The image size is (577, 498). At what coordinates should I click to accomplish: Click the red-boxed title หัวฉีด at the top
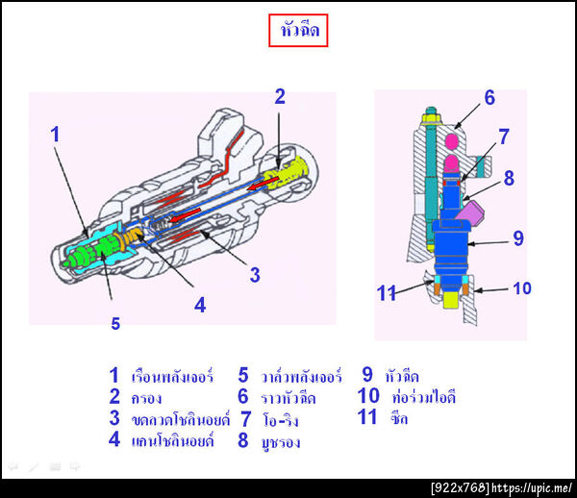(298, 32)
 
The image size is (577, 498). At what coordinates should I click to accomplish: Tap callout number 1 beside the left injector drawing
(55, 135)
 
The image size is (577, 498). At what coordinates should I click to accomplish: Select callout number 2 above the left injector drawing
(280, 96)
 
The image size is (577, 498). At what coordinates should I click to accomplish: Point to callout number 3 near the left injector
(255, 275)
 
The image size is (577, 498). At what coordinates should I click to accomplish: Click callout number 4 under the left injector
(199, 305)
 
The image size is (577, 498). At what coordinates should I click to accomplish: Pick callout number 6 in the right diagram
(489, 97)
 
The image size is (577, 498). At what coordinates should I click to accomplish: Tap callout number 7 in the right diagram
(503, 137)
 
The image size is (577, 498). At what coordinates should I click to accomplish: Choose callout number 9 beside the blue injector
(509, 178)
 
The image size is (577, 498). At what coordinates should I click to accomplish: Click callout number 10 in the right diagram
(518, 237)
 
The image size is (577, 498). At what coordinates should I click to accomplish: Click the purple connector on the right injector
(387, 293)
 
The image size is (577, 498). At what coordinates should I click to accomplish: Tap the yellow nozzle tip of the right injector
(451, 300)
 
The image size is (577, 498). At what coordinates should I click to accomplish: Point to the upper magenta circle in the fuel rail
(451, 143)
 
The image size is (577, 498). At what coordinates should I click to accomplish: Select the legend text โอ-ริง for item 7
(284, 420)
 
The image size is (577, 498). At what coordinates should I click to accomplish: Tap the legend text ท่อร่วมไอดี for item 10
(423, 396)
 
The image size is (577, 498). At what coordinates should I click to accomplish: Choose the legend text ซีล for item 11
(399, 418)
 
